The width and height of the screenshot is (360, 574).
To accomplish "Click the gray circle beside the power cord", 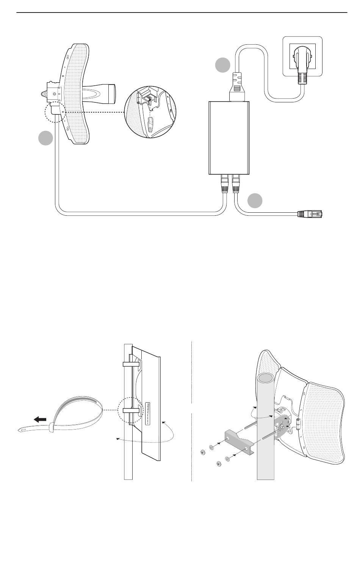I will coord(223,66).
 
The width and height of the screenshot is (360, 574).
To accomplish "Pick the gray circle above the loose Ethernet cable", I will coord(255,201).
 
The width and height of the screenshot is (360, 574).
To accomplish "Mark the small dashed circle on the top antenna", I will coord(55,111).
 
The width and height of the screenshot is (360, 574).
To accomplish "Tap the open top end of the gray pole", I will coord(265,378).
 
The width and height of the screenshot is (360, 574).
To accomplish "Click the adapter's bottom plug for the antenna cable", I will coord(224,183).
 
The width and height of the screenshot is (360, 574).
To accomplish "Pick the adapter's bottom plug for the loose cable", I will coord(236,183).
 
